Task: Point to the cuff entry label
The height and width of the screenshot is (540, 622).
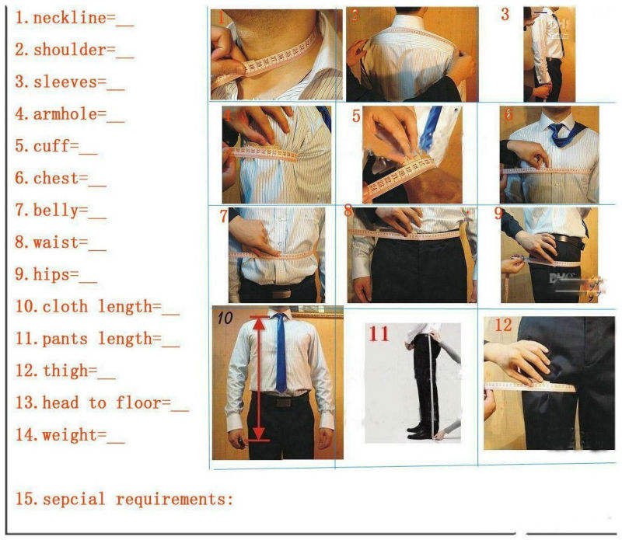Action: point(54,146)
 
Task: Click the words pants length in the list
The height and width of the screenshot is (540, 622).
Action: point(101,339)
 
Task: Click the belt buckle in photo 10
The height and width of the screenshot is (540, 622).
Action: point(281,402)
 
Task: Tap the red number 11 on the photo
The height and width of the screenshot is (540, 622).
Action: point(379,334)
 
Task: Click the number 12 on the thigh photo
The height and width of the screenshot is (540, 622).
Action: point(503,326)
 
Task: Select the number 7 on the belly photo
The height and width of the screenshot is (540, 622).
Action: point(223,215)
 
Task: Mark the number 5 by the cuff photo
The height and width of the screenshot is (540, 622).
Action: point(356,117)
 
